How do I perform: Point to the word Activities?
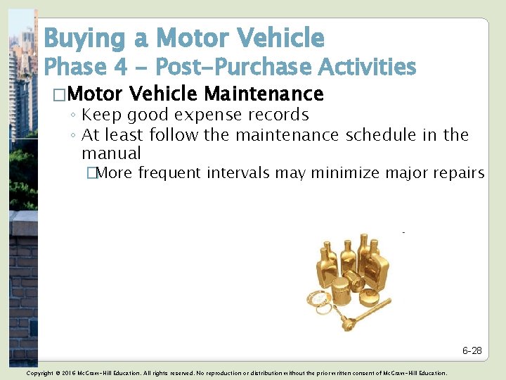tap(368, 68)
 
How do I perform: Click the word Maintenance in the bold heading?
tap(264, 94)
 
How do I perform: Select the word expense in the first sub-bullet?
tap(212, 115)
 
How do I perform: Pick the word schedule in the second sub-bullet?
tap(381, 134)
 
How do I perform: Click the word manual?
tap(111, 153)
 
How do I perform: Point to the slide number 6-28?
tap(472, 350)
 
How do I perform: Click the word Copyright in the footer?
tap(39, 373)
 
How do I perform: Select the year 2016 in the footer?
tap(69, 373)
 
